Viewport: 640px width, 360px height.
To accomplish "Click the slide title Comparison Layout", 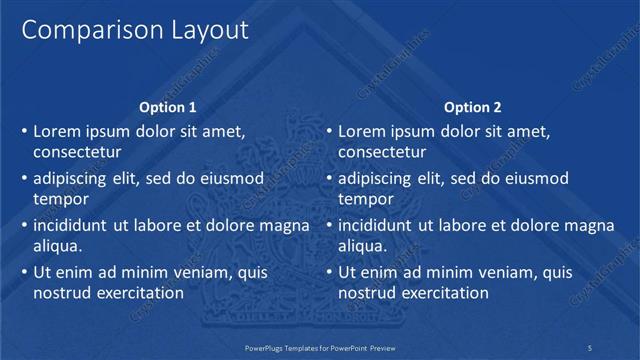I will pyautogui.click(x=135, y=31).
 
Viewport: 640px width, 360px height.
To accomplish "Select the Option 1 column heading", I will pyautogui.click(x=168, y=107).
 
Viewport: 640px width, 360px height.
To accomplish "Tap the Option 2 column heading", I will pyautogui.click(x=473, y=107).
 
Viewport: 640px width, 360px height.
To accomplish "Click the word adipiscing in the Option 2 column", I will pyautogui.click(x=374, y=178).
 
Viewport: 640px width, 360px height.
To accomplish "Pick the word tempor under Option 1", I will pyautogui.click(x=61, y=200).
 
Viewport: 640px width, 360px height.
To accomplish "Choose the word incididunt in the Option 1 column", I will pyautogui.click(x=73, y=225).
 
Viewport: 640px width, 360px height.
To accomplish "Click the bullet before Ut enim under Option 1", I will pyautogui.click(x=23, y=272).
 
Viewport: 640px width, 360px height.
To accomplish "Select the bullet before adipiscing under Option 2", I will pyautogui.click(x=328, y=178).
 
